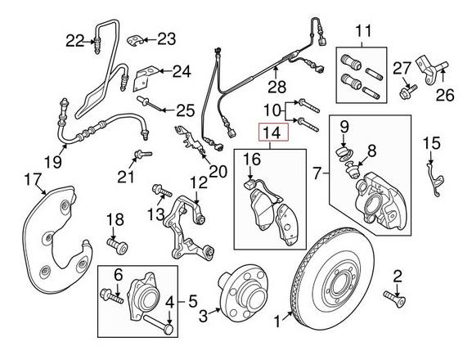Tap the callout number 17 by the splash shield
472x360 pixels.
(32, 179)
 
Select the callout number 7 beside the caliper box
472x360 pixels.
(317, 173)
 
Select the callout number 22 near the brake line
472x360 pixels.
(75, 39)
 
